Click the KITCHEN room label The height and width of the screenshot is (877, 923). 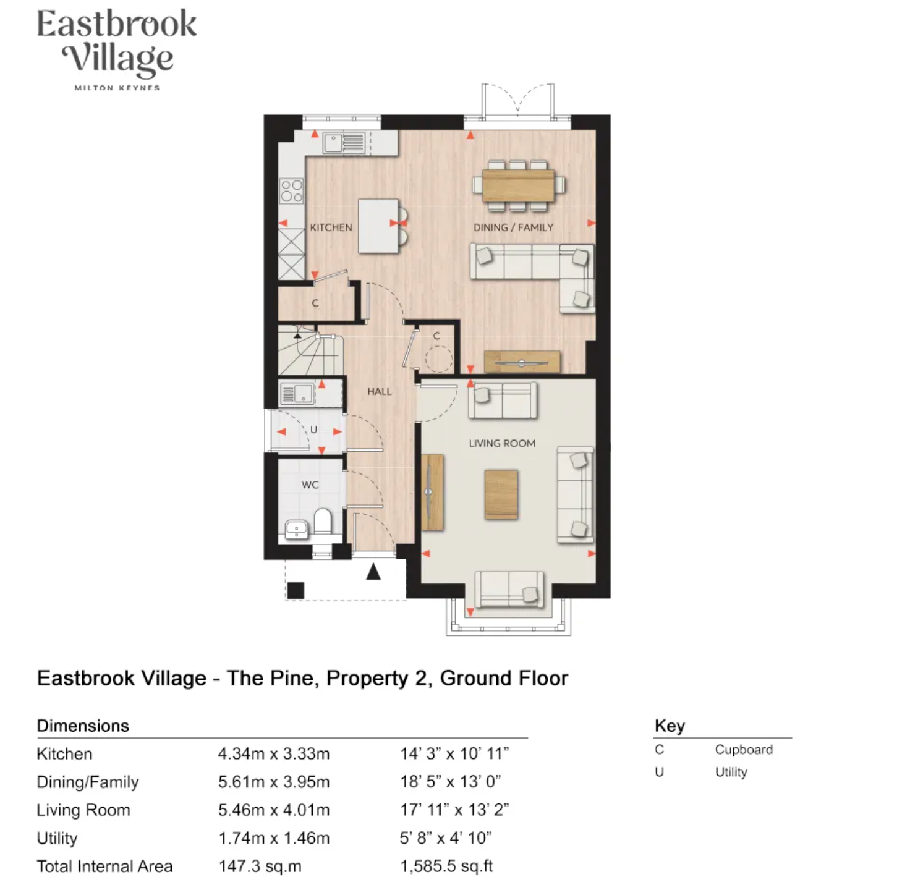click(331, 227)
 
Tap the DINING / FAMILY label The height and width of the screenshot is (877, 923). click(513, 227)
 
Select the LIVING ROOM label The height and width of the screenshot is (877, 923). click(502, 443)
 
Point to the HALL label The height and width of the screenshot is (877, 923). click(380, 391)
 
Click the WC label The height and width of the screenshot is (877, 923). click(310, 485)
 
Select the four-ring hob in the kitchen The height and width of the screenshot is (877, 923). click(292, 190)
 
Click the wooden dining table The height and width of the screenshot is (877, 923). click(518, 185)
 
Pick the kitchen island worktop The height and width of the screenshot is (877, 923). click(378, 226)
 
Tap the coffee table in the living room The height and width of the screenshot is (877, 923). click(501, 494)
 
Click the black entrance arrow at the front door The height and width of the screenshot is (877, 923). click(373, 571)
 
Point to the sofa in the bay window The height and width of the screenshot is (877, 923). click(509, 589)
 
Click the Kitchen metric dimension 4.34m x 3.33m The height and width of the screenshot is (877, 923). click(274, 754)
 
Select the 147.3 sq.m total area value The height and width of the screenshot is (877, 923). click(260, 866)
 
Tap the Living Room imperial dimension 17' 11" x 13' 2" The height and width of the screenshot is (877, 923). click(454, 810)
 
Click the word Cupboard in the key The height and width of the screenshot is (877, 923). click(744, 750)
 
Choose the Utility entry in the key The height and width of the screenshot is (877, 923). click(731, 773)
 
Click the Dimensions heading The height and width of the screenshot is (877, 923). click(83, 726)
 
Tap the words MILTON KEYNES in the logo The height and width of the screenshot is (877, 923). click(117, 88)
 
